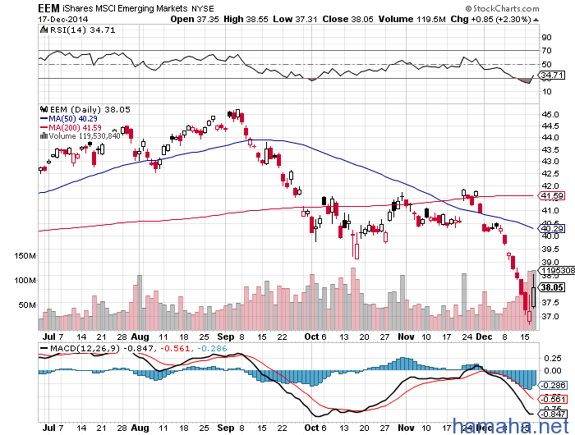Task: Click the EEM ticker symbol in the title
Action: [x=53, y=8]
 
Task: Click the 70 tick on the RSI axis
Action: [x=545, y=50]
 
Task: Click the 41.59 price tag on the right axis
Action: [x=551, y=196]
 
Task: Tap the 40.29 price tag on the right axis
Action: [x=551, y=228]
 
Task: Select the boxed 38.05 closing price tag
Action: [x=551, y=288]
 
